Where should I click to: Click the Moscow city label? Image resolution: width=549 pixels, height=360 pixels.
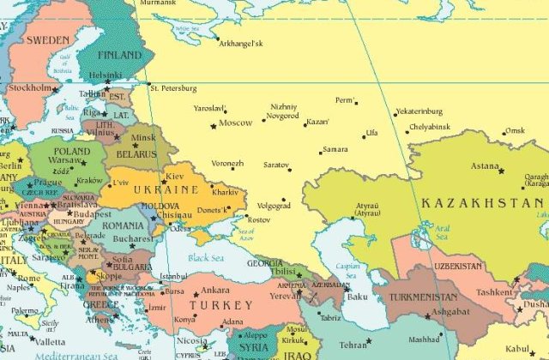coord(236,123)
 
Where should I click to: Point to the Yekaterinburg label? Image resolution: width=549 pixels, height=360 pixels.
coord(419,111)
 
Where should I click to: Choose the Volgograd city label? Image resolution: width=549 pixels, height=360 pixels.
coord(274,206)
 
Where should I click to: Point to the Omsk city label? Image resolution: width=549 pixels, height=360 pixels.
coord(515,130)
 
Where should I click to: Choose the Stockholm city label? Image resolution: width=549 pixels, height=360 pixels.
coord(30,88)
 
